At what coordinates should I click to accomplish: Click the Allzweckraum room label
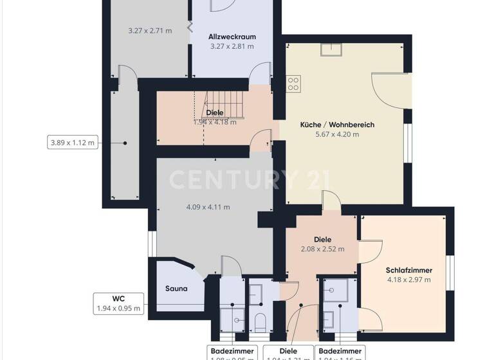click(x=232, y=37)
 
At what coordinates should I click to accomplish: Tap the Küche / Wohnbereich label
click(x=337, y=125)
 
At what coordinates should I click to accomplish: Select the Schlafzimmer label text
click(x=408, y=270)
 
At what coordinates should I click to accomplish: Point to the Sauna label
click(x=176, y=289)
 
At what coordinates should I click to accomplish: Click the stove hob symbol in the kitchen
click(x=293, y=83)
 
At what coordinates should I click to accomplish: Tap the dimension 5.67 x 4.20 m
click(x=337, y=135)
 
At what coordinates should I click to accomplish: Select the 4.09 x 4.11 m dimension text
click(x=208, y=207)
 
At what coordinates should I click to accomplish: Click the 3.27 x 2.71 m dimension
click(x=150, y=30)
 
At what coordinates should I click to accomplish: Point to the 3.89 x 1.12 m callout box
click(x=72, y=142)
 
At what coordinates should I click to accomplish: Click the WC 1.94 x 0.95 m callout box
click(x=118, y=303)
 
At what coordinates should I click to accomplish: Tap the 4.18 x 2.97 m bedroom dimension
click(x=408, y=280)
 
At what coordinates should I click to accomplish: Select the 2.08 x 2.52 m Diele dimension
click(x=322, y=249)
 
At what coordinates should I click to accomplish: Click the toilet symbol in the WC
click(x=261, y=320)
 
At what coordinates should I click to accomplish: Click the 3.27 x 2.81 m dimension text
click(x=232, y=46)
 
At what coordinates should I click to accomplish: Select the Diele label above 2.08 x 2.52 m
click(x=322, y=239)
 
